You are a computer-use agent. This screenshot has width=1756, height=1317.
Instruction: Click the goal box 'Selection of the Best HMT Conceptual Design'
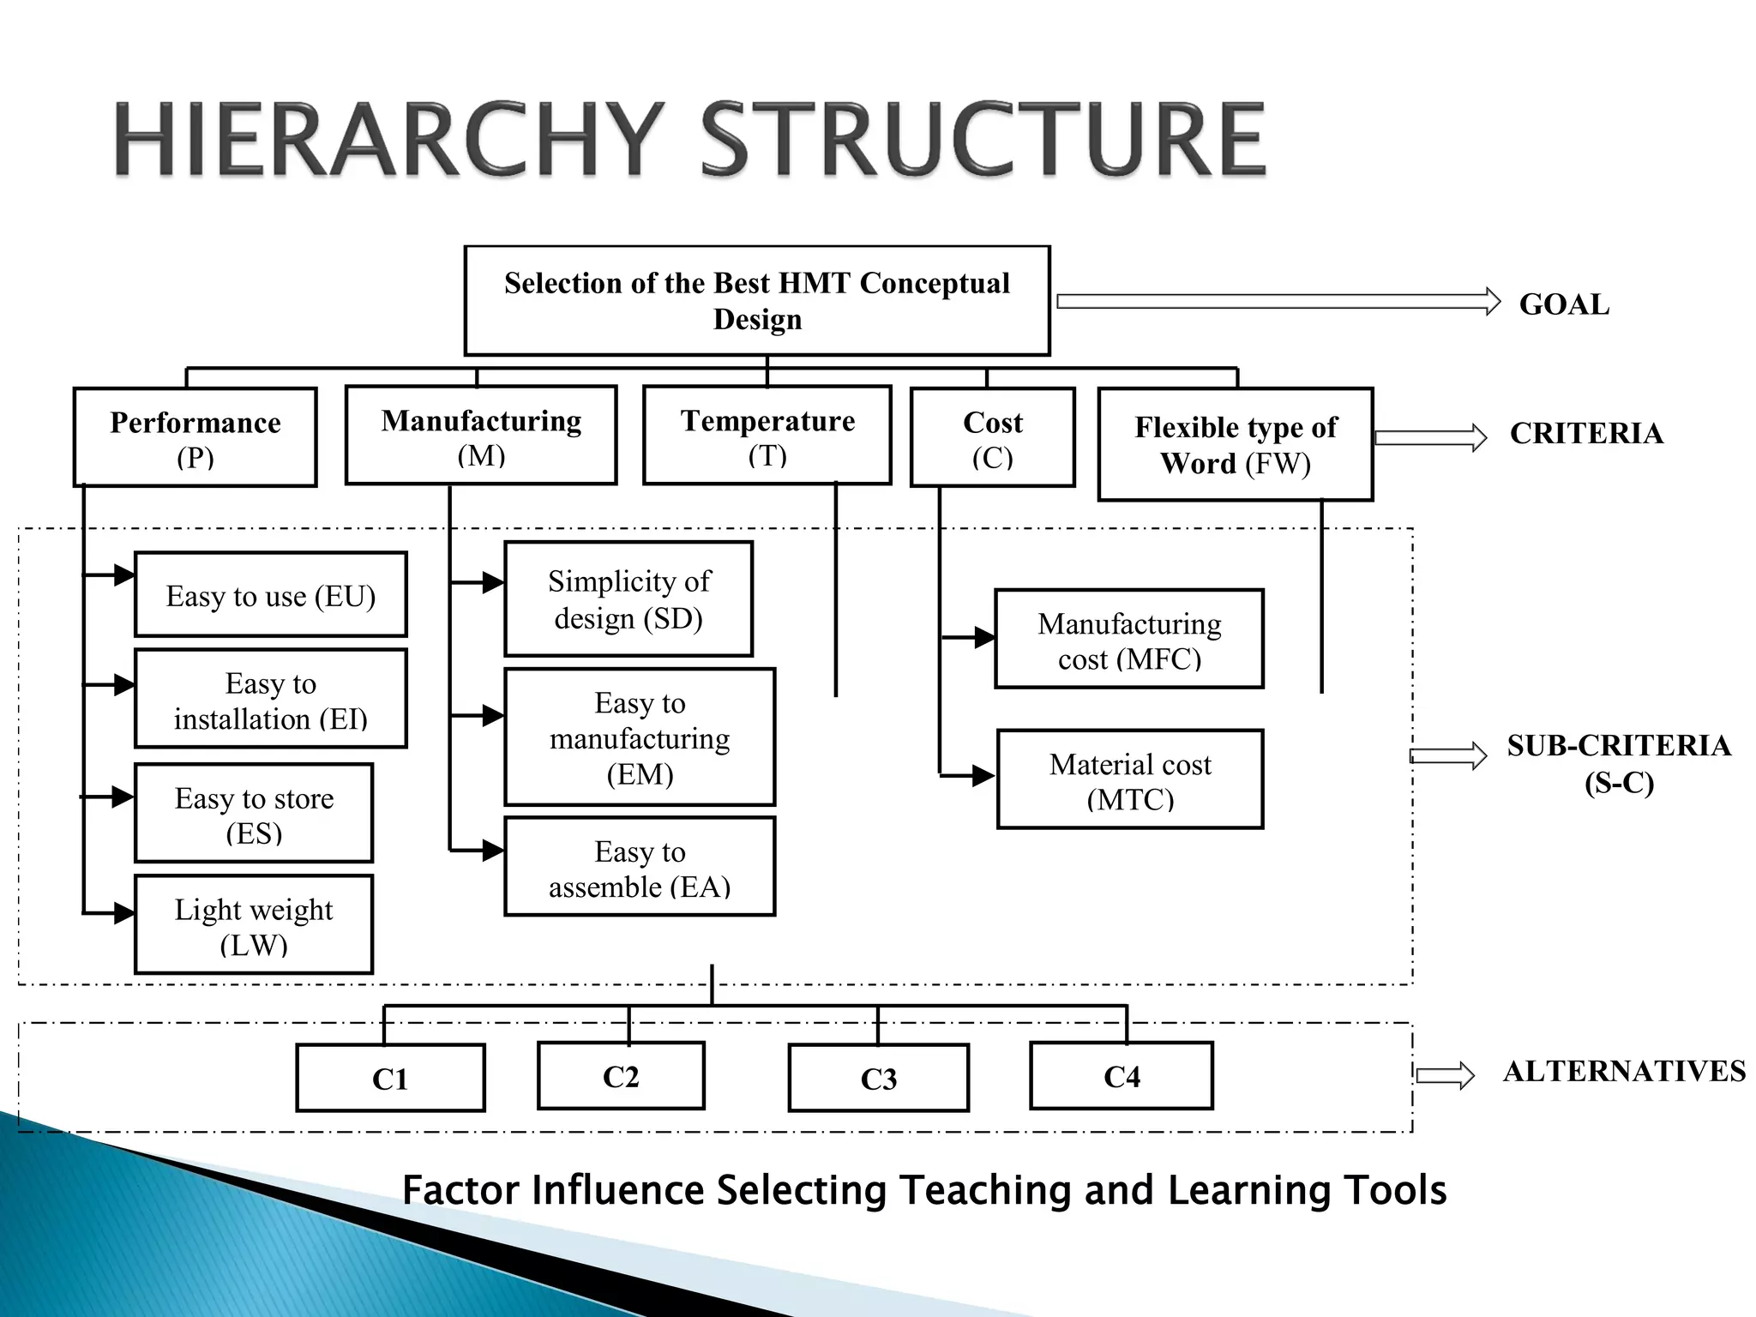pos(757,301)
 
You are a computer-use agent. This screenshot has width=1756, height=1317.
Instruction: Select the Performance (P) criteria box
pos(195,438)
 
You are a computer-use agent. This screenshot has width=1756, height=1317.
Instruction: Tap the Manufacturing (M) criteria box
pos(481,436)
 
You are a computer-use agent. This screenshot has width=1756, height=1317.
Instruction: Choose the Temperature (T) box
pos(767,436)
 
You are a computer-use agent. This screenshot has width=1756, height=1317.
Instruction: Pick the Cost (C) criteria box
pos(992,438)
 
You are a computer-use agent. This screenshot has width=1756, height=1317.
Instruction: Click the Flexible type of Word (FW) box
pos(1236,444)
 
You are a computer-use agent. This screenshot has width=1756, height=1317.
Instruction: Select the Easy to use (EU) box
pos(271,595)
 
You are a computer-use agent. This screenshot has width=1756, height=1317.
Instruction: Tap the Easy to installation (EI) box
pos(271,700)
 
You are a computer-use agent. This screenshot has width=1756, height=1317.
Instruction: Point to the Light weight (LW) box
pos(254,925)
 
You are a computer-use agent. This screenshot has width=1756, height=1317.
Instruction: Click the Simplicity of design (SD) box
pos(628,599)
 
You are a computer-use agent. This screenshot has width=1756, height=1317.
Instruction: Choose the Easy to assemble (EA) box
pos(640,867)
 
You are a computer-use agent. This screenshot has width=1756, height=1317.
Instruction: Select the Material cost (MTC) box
pos(1130,779)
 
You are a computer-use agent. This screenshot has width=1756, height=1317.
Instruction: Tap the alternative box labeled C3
pos(879,1078)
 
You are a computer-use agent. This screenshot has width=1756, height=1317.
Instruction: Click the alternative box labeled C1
pos(390,1078)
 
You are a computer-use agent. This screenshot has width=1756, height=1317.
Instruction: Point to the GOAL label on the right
pos(1564,304)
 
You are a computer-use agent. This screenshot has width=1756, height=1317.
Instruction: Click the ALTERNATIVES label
pos(1624,1071)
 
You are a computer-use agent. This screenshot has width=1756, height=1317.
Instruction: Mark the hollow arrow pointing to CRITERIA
pos(1430,437)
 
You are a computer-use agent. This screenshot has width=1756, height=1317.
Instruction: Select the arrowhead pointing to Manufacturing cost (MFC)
pos(984,638)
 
